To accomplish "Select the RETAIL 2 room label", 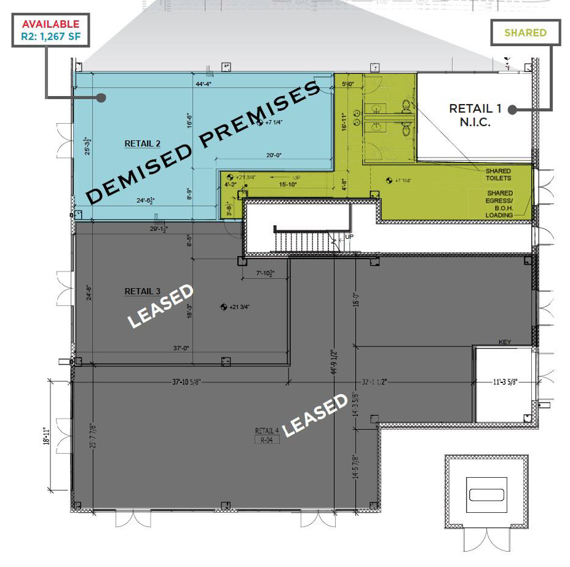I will point(143,143).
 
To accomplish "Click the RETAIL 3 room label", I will point(143,291).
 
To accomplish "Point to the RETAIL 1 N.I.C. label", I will point(475,115).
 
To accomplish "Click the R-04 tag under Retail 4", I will point(267,440).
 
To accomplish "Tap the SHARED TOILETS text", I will point(498,175).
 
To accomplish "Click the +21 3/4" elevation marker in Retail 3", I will point(236,307).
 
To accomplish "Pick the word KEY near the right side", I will point(505,342).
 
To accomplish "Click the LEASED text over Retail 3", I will point(160,305).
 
